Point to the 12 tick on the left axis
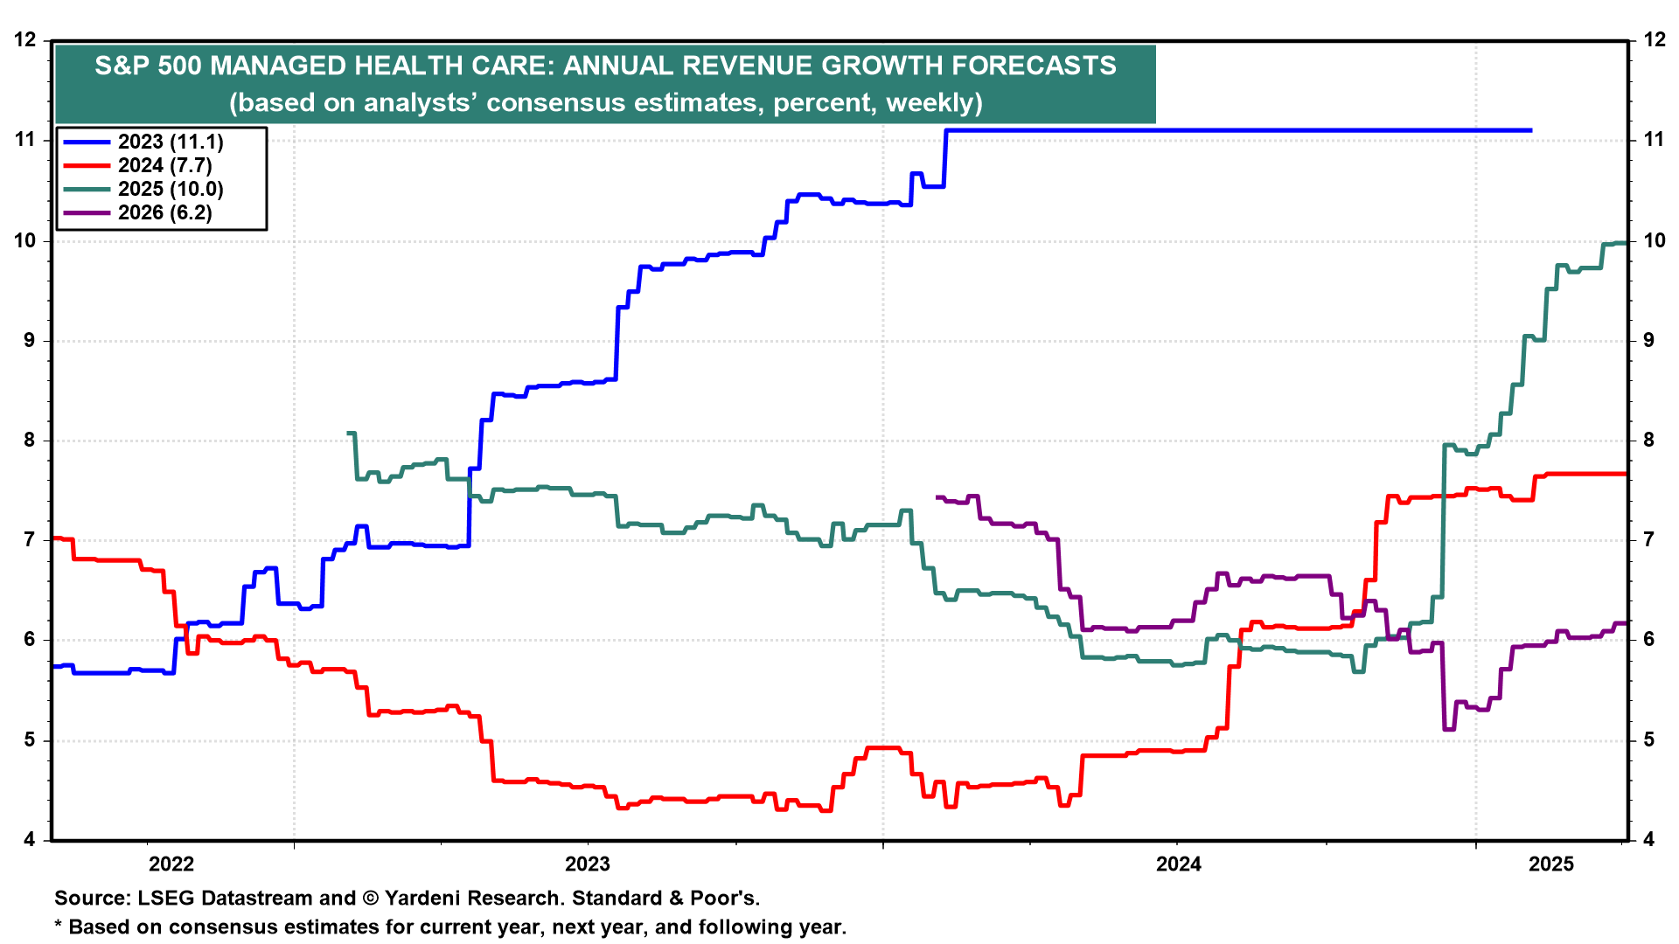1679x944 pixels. (25, 39)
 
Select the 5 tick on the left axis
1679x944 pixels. (30, 740)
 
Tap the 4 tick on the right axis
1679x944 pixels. (1649, 840)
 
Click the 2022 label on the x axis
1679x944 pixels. (171, 864)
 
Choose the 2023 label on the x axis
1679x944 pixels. (588, 864)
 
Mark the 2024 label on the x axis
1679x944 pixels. (1179, 864)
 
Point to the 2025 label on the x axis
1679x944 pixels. (1551, 864)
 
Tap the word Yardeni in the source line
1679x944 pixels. (424, 899)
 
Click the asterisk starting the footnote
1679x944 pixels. (59, 927)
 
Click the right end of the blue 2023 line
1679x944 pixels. (1530, 130)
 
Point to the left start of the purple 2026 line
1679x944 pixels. (937, 497)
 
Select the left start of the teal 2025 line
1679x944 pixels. (349, 433)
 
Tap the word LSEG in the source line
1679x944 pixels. (164, 899)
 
